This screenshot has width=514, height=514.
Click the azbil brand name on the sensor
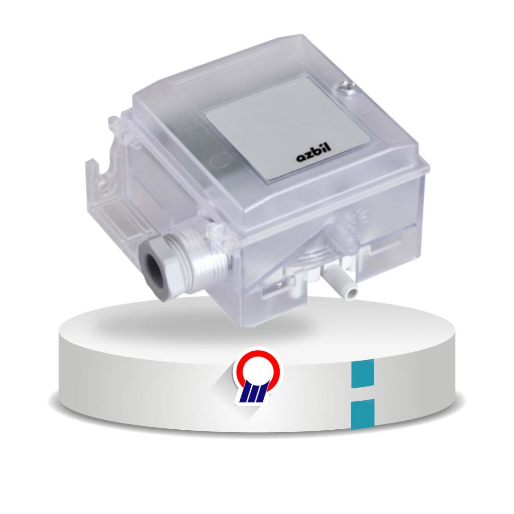coord(314,153)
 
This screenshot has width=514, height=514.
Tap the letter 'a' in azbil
coord(301,158)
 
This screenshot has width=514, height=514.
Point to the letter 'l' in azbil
coord(328,147)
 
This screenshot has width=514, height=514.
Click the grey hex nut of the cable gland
coord(161,270)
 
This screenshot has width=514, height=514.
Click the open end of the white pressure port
coord(352,291)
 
